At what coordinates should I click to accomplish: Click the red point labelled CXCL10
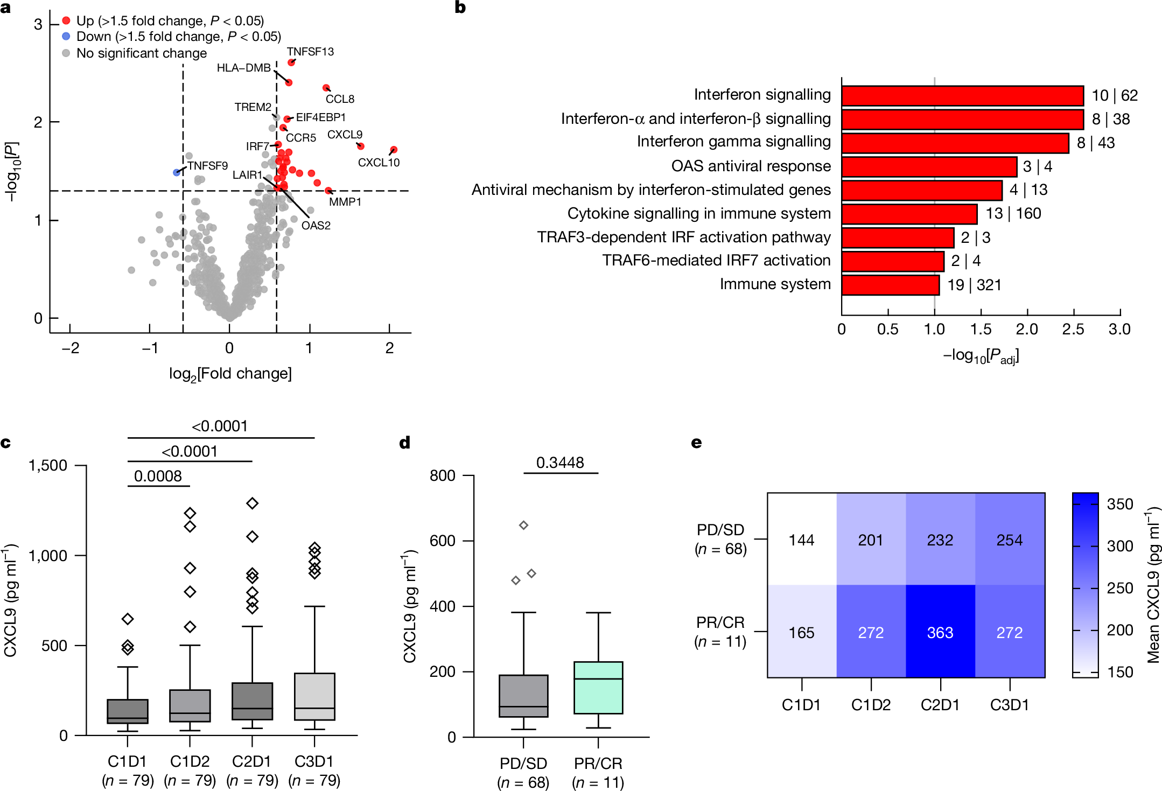394,150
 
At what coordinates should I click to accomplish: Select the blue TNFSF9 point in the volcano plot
177,172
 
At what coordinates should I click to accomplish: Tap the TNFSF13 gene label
310,52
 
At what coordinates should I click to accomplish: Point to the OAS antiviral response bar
929,166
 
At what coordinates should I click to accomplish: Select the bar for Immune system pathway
890,285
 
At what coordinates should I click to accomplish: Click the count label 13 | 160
1013,213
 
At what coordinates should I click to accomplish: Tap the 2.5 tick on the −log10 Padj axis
1073,329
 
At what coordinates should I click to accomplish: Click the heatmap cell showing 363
940,632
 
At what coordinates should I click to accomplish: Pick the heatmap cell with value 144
801,540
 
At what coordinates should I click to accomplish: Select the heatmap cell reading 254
1009,540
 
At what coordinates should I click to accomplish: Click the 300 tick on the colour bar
1119,546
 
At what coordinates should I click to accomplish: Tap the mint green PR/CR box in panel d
598,688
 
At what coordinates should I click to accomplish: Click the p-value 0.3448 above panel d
560,463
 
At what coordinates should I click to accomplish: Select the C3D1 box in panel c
314,696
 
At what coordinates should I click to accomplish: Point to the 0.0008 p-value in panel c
158,476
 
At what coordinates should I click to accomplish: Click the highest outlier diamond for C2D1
252,503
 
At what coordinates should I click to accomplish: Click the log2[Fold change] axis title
230,373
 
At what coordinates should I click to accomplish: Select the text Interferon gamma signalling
733,142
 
